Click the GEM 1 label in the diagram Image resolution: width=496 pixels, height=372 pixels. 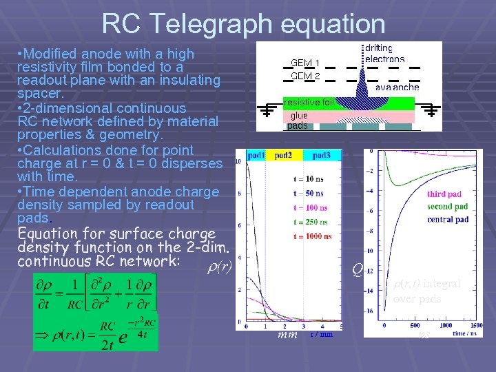point(304,62)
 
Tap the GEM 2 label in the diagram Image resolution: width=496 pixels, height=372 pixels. point(304,76)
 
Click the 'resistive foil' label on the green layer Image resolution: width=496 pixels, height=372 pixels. point(308,103)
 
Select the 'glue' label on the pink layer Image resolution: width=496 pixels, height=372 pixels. point(299,116)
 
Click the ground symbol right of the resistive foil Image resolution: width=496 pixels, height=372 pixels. point(432,110)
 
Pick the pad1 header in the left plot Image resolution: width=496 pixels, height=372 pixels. point(256,156)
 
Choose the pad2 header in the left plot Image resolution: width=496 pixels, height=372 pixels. point(283,156)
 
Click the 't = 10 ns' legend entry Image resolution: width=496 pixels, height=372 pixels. point(309,179)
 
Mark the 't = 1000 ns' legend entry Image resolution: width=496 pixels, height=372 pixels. point(312,236)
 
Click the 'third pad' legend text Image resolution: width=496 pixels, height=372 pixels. point(444,194)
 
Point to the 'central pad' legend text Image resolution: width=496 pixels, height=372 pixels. point(448,220)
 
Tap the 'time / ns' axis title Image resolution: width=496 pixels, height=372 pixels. point(468,333)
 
